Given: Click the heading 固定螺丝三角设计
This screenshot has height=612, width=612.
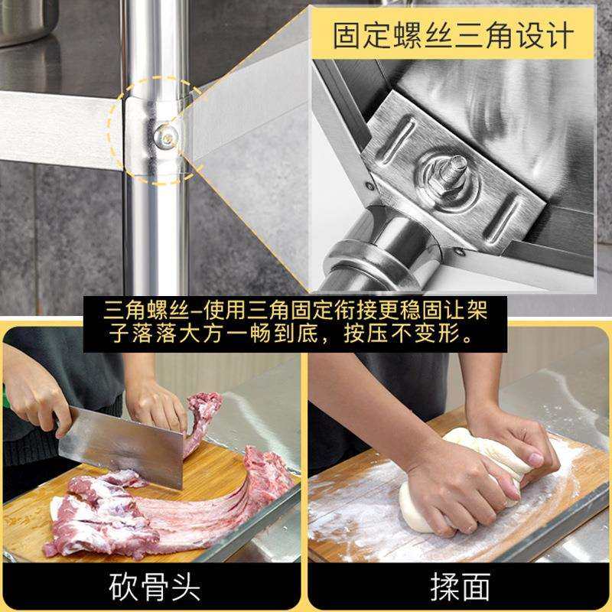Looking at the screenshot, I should (453, 35).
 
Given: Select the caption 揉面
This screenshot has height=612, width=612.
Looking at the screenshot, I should (459, 587).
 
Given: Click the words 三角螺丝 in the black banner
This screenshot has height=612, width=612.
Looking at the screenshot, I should (138, 312).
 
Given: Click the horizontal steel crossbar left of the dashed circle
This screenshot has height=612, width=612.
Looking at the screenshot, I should (54, 126).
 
